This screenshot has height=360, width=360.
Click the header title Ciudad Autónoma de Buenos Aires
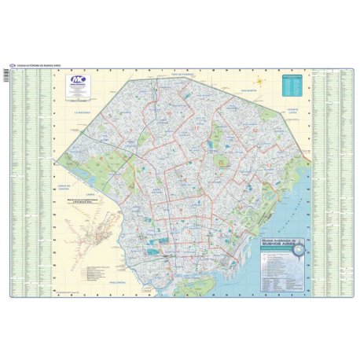pyautogui.click(x=38, y=64)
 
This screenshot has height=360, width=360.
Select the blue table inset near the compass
pyautogui.click(x=293, y=84)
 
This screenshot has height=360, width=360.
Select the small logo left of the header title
pyautogui.click(x=12, y=64)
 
